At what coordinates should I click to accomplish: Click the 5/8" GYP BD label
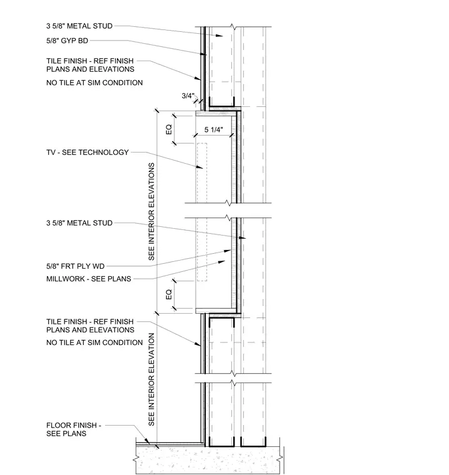pyautogui.click(x=68, y=41)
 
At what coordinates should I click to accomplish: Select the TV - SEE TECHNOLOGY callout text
pyautogui.click(x=88, y=152)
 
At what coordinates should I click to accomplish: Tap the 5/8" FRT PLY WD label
pyautogui.click(x=76, y=266)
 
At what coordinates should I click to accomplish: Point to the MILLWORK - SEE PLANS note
pyautogui.click(x=89, y=279)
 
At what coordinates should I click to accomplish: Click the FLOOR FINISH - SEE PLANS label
pyautogui.click(x=74, y=429)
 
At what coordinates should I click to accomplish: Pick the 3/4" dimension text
pyautogui.click(x=188, y=96)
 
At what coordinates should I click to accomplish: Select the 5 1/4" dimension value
pyautogui.click(x=214, y=129)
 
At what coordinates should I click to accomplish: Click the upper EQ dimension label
pyautogui.click(x=169, y=129)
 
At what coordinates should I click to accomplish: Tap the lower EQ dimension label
pyautogui.click(x=169, y=294)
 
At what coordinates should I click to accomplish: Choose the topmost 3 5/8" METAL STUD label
pyautogui.click(x=79, y=26)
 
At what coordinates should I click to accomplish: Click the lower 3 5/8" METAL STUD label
pyautogui.click(x=79, y=223)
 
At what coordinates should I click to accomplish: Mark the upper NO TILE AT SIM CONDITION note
pyautogui.click(x=94, y=82)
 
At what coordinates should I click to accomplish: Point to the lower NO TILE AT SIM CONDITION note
pyautogui.click(x=94, y=342)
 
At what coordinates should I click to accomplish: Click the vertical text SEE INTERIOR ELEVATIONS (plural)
pyautogui.click(x=151, y=211)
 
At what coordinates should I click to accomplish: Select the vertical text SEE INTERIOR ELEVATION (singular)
pyautogui.click(x=151, y=379)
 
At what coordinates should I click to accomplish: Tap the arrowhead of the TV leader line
pyautogui.click(x=200, y=167)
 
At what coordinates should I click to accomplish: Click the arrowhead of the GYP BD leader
pyautogui.click(x=204, y=54)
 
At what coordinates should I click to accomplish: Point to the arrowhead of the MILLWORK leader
pyautogui.click(x=222, y=262)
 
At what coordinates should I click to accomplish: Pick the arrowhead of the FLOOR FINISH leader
pyautogui.click(x=147, y=442)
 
